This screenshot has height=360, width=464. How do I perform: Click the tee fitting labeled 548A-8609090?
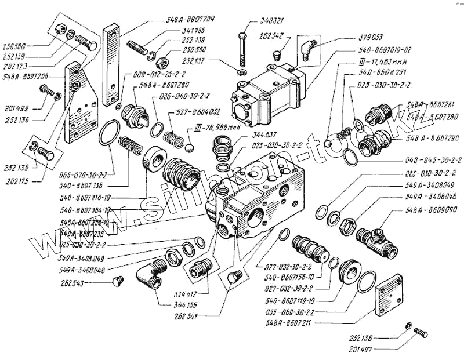coord(378,238)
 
